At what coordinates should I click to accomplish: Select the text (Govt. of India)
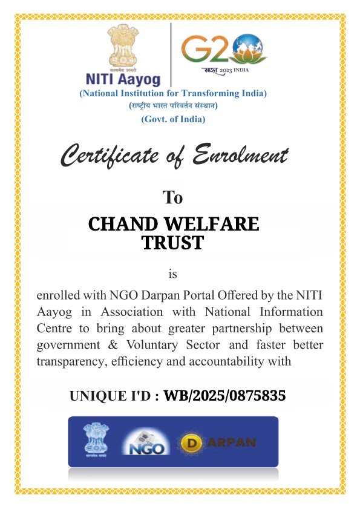173,119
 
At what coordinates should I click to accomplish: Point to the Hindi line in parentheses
173,106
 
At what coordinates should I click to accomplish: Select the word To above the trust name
172,197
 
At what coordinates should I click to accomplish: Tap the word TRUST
172,243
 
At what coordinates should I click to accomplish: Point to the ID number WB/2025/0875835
224,396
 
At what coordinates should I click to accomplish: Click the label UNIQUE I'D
114,397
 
